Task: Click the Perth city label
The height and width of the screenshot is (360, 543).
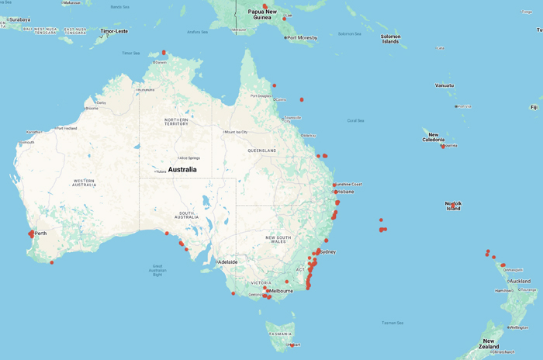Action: [x=40, y=234]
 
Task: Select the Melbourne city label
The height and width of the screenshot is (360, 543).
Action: [x=281, y=291]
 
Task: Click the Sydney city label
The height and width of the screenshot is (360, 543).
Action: [x=327, y=252]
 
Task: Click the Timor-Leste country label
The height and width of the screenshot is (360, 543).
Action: [x=112, y=32]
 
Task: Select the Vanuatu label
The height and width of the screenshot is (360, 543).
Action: [x=444, y=85]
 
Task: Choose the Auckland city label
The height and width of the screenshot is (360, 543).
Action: [x=521, y=281]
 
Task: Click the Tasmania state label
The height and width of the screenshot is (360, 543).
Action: [x=280, y=334]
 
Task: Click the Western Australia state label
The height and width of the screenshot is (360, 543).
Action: [x=74, y=184]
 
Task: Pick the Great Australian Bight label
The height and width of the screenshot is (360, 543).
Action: [x=158, y=271]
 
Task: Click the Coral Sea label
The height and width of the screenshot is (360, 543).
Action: [x=355, y=120]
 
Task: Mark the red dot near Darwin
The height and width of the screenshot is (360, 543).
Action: [x=164, y=53]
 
